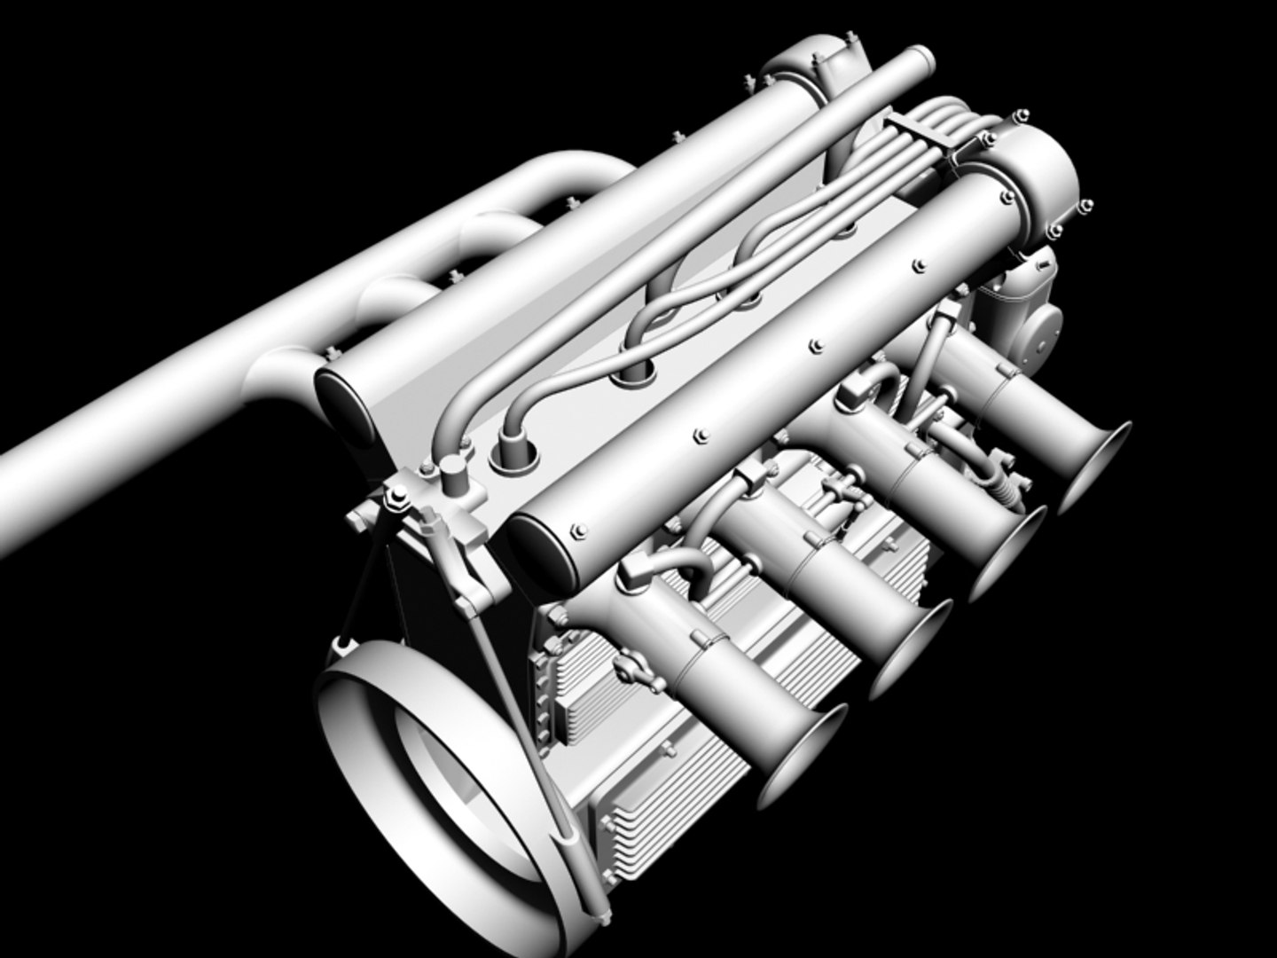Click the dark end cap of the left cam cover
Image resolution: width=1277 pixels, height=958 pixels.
coord(341,399)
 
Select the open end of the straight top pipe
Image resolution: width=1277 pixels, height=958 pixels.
coord(922,62)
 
